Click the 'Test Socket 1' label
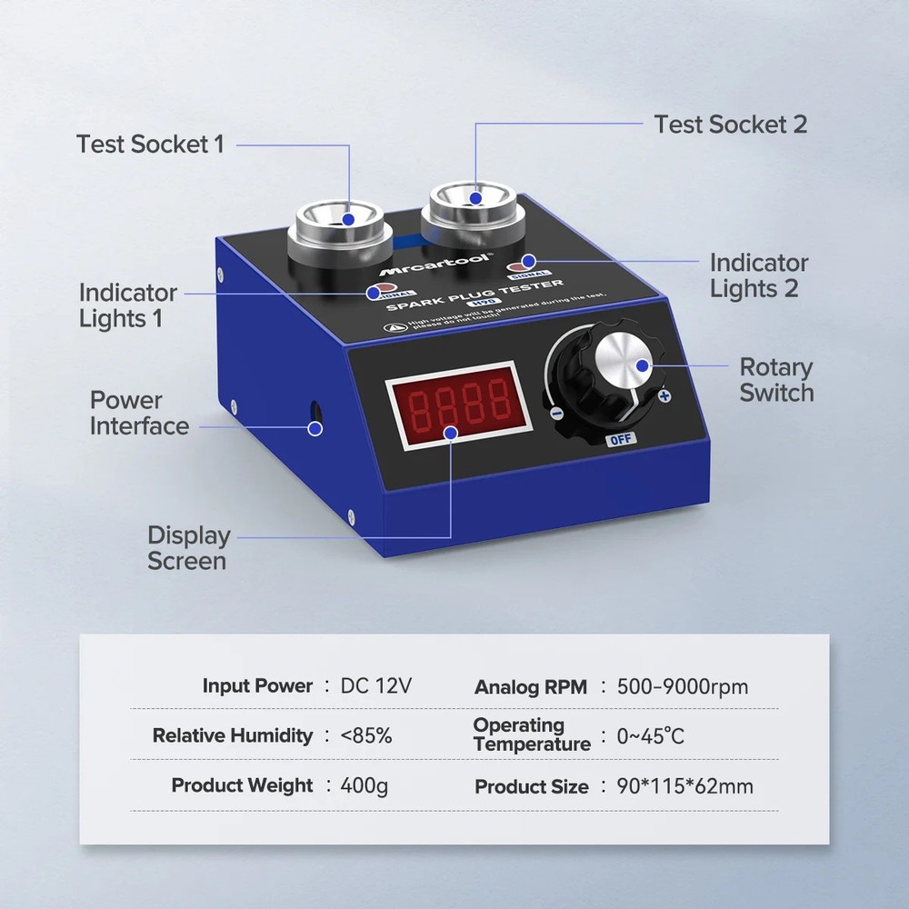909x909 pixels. click(x=150, y=144)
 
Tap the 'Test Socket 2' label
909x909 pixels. click(x=730, y=124)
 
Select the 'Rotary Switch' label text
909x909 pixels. click(x=775, y=380)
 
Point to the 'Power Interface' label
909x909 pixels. click(x=139, y=414)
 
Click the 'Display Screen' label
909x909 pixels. click(x=188, y=548)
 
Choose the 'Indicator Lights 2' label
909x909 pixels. click(x=758, y=275)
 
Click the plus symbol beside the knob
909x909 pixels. click(x=664, y=396)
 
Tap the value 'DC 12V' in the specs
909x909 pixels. click(x=375, y=686)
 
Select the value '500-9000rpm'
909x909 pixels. click(x=682, y=686)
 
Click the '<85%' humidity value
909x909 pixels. click(x=366, y=735)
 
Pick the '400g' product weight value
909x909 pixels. click(x=364, y=785)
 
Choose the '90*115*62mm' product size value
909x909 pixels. click(x=684, y=786)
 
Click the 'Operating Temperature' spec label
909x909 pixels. click(x=531, y=734)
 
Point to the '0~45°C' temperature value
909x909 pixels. click(x=650, y=735)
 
